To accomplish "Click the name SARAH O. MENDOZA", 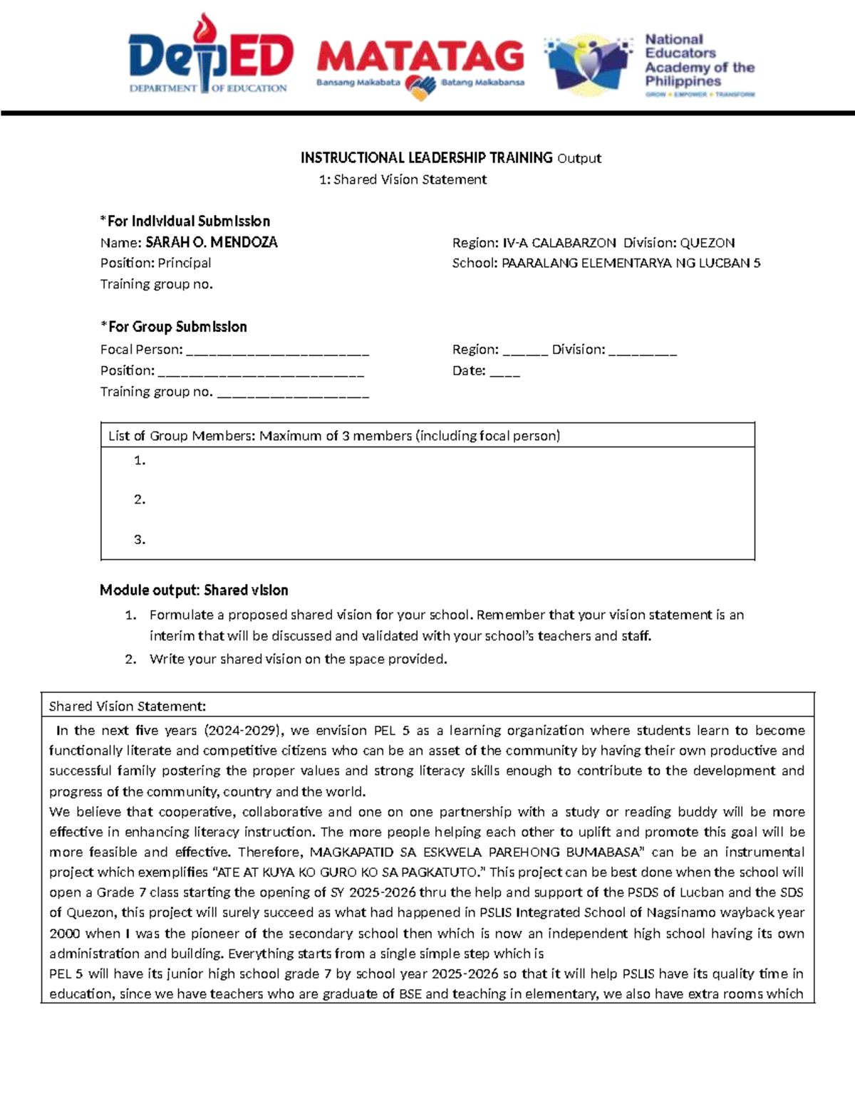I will [211, 242].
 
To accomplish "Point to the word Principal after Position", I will [185, 263].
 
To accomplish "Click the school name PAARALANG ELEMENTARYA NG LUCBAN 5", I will [631, 263].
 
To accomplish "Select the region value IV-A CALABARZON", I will [559, 243].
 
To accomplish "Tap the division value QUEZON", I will [707, 243].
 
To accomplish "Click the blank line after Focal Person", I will [277, 350].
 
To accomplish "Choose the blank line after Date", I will [504, 372].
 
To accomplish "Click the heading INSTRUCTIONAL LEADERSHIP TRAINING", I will [426, 157].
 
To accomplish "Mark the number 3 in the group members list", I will [140, 539].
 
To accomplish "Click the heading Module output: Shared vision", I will [194, 590].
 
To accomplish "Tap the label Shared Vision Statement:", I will [127, 706].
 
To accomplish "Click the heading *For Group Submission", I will [173, 327].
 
